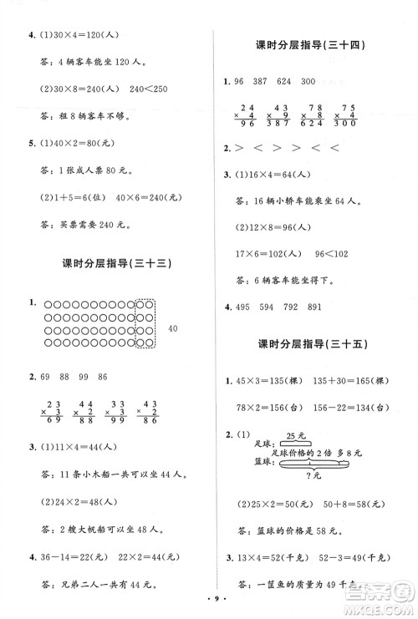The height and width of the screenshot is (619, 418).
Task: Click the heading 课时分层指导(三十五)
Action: click(314, 344)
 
